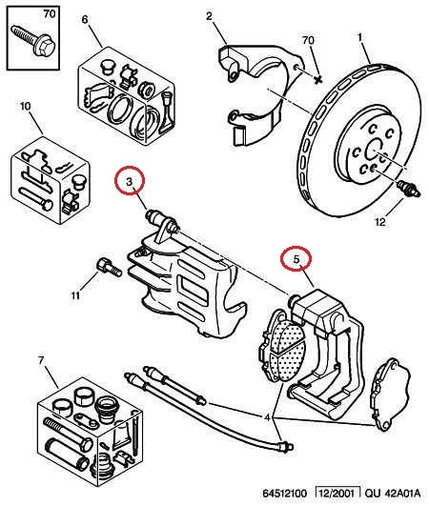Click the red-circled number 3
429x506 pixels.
click(x=130, y=182)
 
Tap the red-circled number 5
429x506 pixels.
click(x=296, y=259)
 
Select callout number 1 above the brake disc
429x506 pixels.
click(x=360, y=37)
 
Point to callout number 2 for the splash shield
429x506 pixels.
click(x=209, y=16)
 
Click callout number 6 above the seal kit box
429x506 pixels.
click(x=85, y=19)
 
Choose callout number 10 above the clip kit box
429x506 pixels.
click(x=25, y=106)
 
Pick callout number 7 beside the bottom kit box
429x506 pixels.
click(x=41, y=360)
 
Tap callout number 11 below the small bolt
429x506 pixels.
click(x=75, y=295)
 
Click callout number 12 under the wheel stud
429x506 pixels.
click(x=380, y=222)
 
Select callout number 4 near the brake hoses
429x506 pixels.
click(x=267, y=417)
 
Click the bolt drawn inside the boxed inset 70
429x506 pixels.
click(x=31, y=42)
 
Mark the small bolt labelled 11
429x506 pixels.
click(x=109, y=267)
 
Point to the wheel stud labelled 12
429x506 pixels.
click(x=409, y=188)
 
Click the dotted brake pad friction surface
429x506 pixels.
click(x=286, y=350)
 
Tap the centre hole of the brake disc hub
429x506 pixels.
click(x=375, y=150)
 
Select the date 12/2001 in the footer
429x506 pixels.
click(x=337, y=493)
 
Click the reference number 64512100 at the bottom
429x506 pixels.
click(x=284, y=493)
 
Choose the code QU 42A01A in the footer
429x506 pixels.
click(x=393, y=493)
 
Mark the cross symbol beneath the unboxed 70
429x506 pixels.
click(x=318, y=78)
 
